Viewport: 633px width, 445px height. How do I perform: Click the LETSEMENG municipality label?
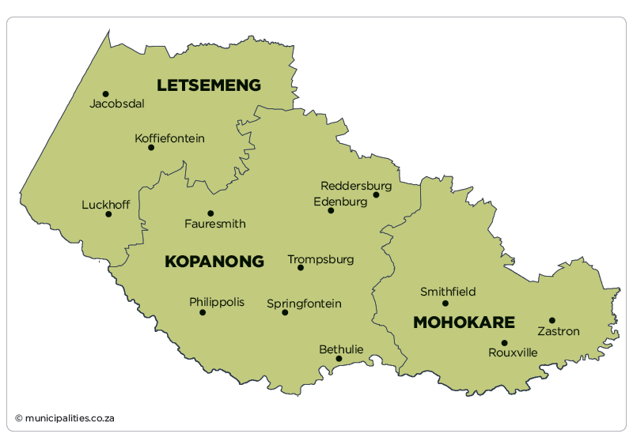(x=208, y=85)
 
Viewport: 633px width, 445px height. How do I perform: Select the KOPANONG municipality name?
(x=214, y=262)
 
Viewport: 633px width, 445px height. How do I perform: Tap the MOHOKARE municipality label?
(x=464, y=322)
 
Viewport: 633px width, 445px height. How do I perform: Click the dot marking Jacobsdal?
(x=105, y=93)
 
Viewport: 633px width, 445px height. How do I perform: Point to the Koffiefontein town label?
(x=169, y=138)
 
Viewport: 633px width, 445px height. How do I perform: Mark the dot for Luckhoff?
(x=108, y=214)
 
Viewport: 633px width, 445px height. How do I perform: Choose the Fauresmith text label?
(x=214, y=224)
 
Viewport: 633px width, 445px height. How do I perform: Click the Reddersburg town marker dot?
(x=376, y=194)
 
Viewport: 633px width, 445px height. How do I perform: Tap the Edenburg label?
(x=340, y=202)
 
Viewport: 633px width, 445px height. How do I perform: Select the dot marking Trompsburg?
(x=301, y=268)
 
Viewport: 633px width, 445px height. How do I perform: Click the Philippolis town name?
(x=217, y=302)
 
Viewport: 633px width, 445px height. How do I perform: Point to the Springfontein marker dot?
(x=285, y=312)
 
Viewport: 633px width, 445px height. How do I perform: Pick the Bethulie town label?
(x=341, y=349)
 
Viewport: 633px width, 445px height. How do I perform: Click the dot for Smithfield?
(x=445, y=304)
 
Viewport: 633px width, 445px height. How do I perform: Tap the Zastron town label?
(x=559, y=331)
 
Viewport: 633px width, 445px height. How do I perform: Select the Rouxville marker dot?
(x=504, y=343)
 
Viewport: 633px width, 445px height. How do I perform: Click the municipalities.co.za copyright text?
(x=65, y=417)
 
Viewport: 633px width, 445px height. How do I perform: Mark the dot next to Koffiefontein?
(x=151, y=147)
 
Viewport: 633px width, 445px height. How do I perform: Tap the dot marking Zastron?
(x=552, y=320)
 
